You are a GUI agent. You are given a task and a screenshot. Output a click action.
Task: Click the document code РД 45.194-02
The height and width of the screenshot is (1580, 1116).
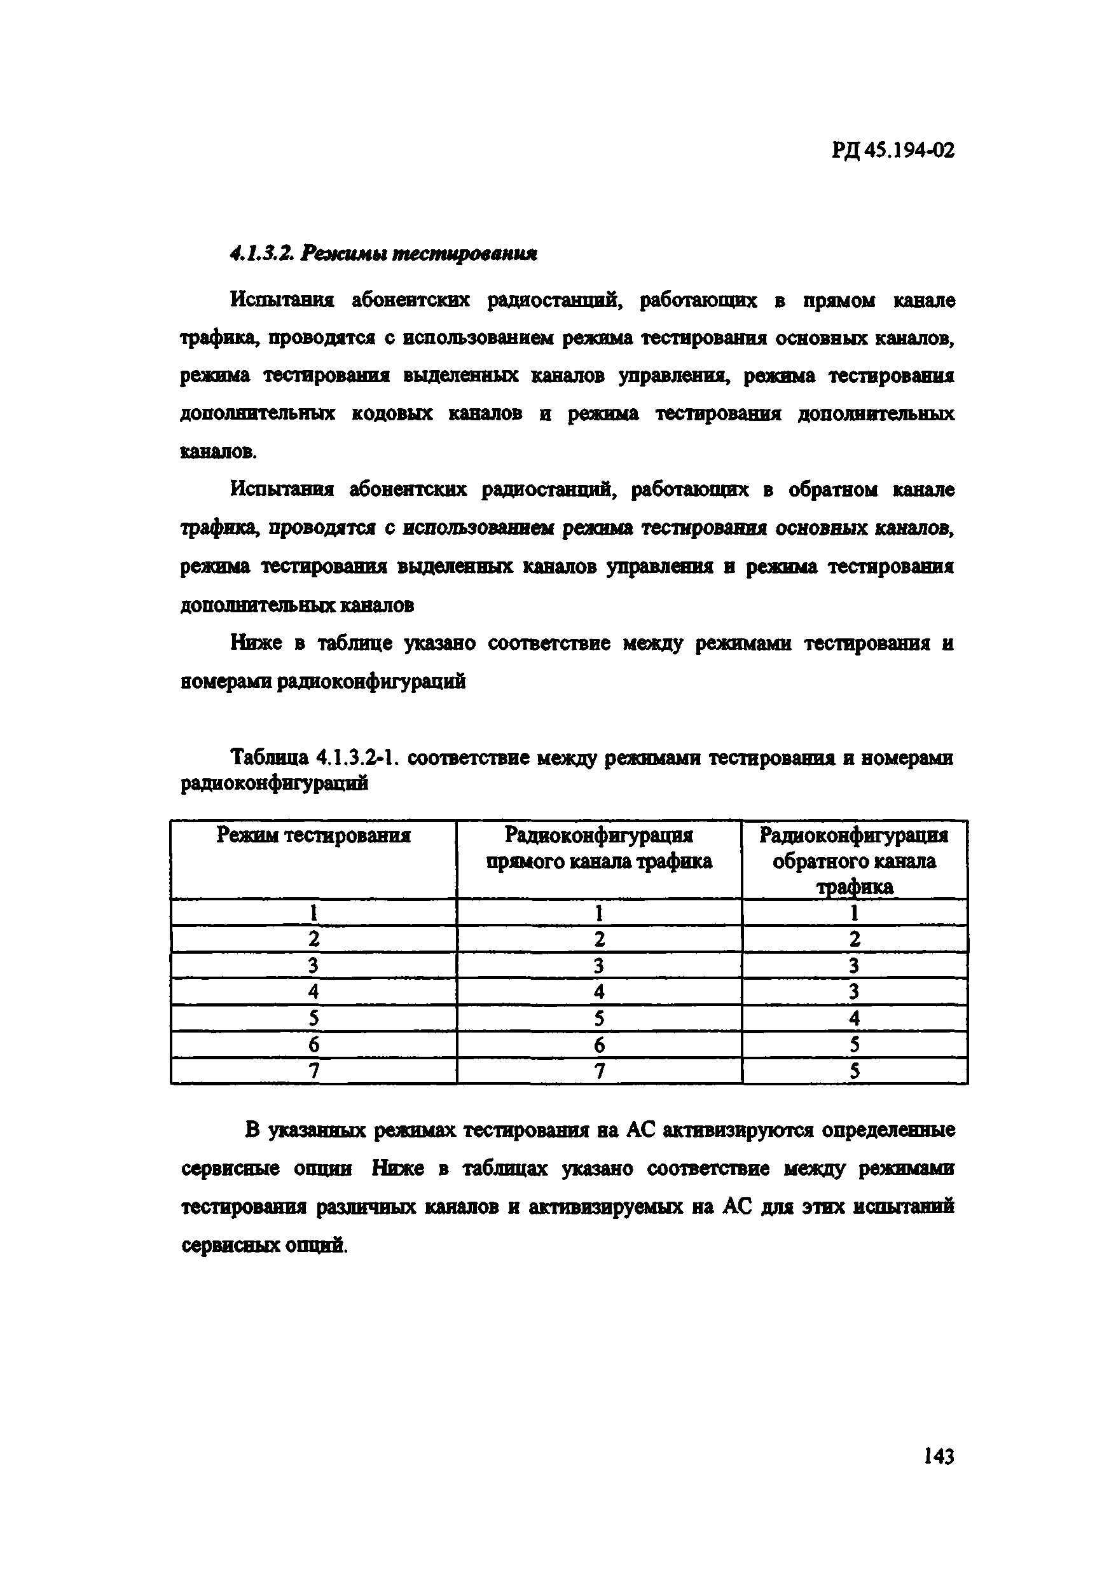(x=892, y=151)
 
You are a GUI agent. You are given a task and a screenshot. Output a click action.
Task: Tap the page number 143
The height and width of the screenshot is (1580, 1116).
(x=939, y=1456)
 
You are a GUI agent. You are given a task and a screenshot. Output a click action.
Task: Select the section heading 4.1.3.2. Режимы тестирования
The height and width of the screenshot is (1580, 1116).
(x=383, y=254)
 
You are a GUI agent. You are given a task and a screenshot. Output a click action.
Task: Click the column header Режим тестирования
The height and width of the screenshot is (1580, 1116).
(x=313, y=835)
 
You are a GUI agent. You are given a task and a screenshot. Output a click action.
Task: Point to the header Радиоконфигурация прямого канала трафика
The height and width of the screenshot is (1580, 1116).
(x=598, y=848)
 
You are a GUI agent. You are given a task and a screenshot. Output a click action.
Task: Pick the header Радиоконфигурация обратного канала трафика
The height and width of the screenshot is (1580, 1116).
(x=854, y=860)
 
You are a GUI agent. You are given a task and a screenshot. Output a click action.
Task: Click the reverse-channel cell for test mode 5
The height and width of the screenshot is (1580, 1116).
(x=854, y=1018)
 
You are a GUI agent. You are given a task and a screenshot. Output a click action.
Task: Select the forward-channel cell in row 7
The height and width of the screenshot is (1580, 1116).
(x=598, y=1071)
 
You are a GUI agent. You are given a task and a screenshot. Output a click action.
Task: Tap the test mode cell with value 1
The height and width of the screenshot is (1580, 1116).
(x=313, y=912)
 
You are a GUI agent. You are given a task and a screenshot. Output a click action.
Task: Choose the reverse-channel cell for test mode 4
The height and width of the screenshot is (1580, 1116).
(x=854, y=992)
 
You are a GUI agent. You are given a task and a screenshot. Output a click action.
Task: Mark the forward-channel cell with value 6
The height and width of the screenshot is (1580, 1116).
(x=598, y=1045)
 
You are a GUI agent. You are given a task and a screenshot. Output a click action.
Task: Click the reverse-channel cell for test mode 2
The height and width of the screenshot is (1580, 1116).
(x=854, y=939)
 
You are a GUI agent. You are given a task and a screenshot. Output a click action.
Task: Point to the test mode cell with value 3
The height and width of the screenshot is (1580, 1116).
(x=313, y=965)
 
